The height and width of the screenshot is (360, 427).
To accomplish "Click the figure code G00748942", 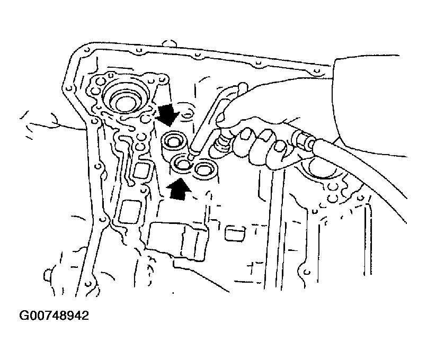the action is (54, 316).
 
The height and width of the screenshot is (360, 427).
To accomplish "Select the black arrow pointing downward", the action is (168, 114).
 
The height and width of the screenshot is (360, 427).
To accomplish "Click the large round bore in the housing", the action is (126, 101).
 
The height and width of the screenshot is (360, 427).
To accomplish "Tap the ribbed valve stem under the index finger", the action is (223, 141).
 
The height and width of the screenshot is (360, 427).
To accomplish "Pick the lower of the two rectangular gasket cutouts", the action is (131, 212).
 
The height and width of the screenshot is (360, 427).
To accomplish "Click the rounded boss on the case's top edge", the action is (169, 43).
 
